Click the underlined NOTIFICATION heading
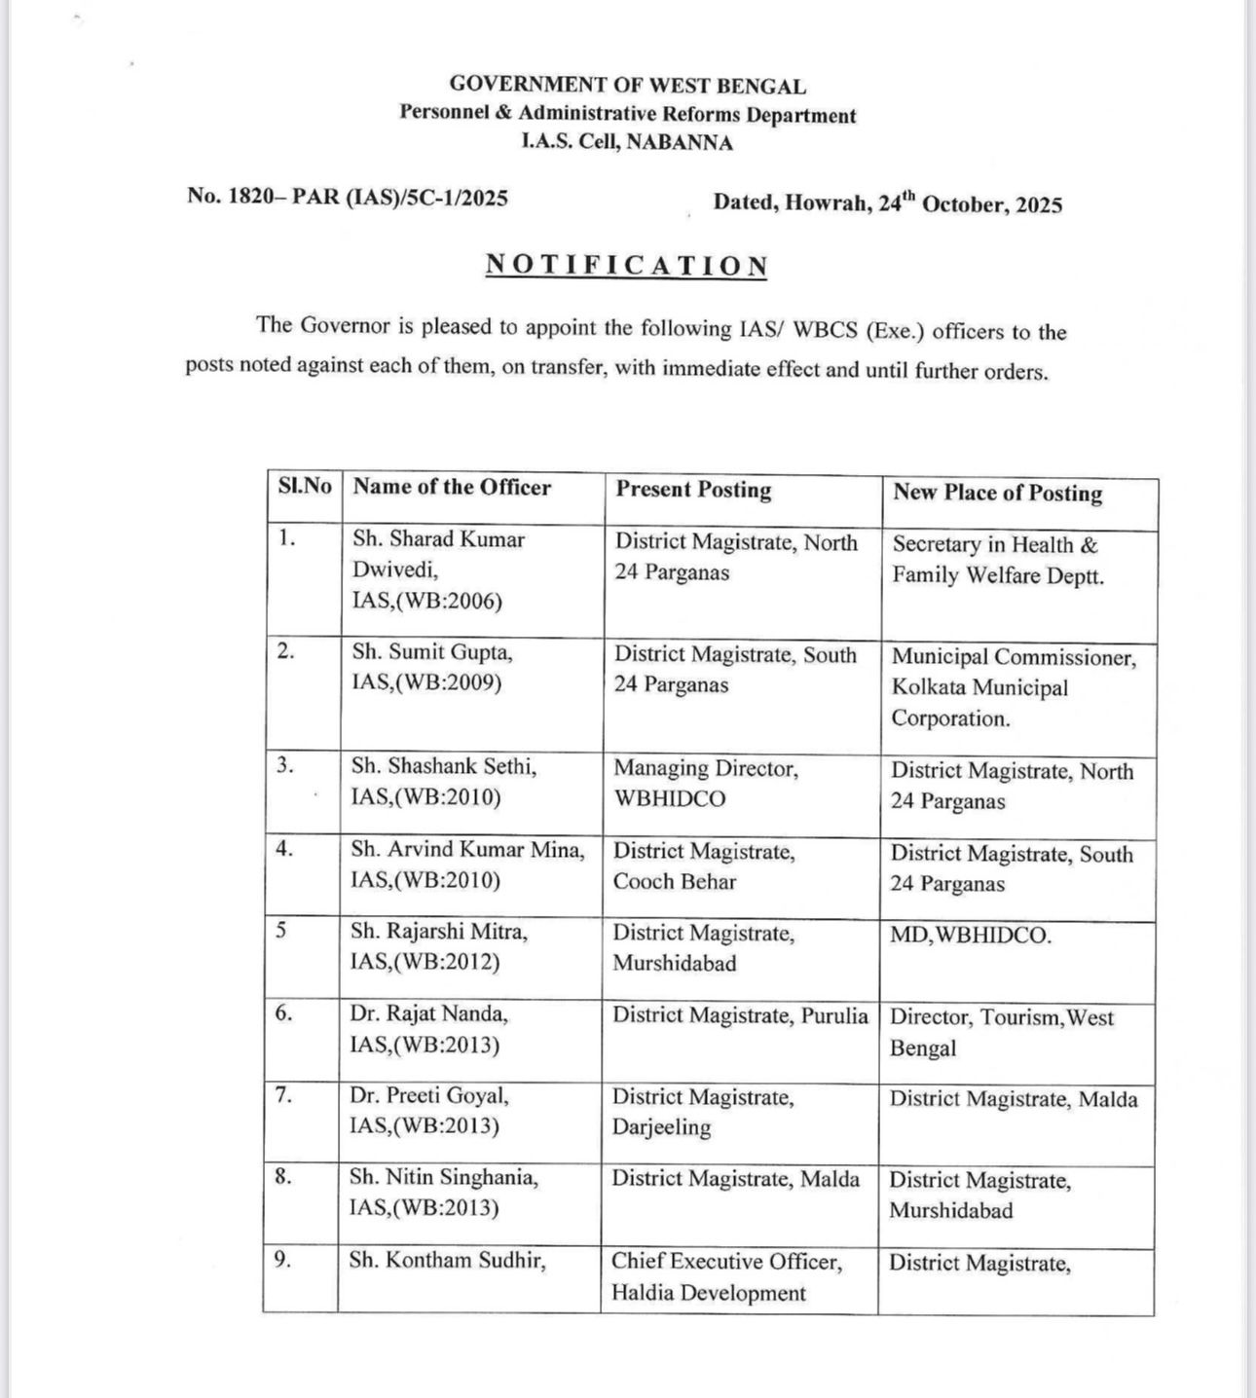(x=626, y=266)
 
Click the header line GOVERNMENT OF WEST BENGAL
(x=627, y=86)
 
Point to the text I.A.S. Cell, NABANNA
(x=627, y=142)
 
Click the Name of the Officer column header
(x=452, y=488)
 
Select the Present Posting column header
(x=693, y=490)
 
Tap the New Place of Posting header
(x=998, y=493)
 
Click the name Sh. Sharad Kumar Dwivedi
(x=438, y=554)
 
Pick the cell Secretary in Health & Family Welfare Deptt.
(x=998, y=560)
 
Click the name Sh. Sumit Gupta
(x=432, y=652)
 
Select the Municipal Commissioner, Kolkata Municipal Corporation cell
(x=1013, y=687)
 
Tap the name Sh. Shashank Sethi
(x=444, y=767)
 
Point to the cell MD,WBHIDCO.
(x=971, y=937)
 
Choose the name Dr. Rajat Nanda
(x=429, y=1014)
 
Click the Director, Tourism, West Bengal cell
(x=1001, y=1032)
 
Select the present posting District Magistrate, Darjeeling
(x=703, y=1112)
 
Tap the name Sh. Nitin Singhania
(x=443, y=1178)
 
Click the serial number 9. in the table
(x=282, y=1260)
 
